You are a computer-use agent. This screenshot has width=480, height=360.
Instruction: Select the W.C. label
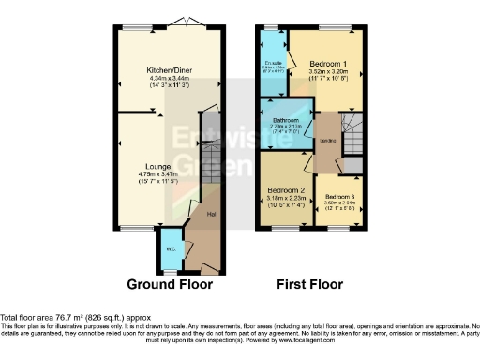(x=170, y=248)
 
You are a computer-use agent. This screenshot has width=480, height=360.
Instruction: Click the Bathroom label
(x=286, y=120)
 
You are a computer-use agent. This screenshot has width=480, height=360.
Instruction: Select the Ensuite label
(x=273, y=63)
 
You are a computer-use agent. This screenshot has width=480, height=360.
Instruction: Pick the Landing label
(x=329, y=142)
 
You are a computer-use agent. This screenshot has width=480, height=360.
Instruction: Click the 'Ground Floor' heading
(x=170, y=284)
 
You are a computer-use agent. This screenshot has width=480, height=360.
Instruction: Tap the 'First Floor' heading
(x=311, y=284)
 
